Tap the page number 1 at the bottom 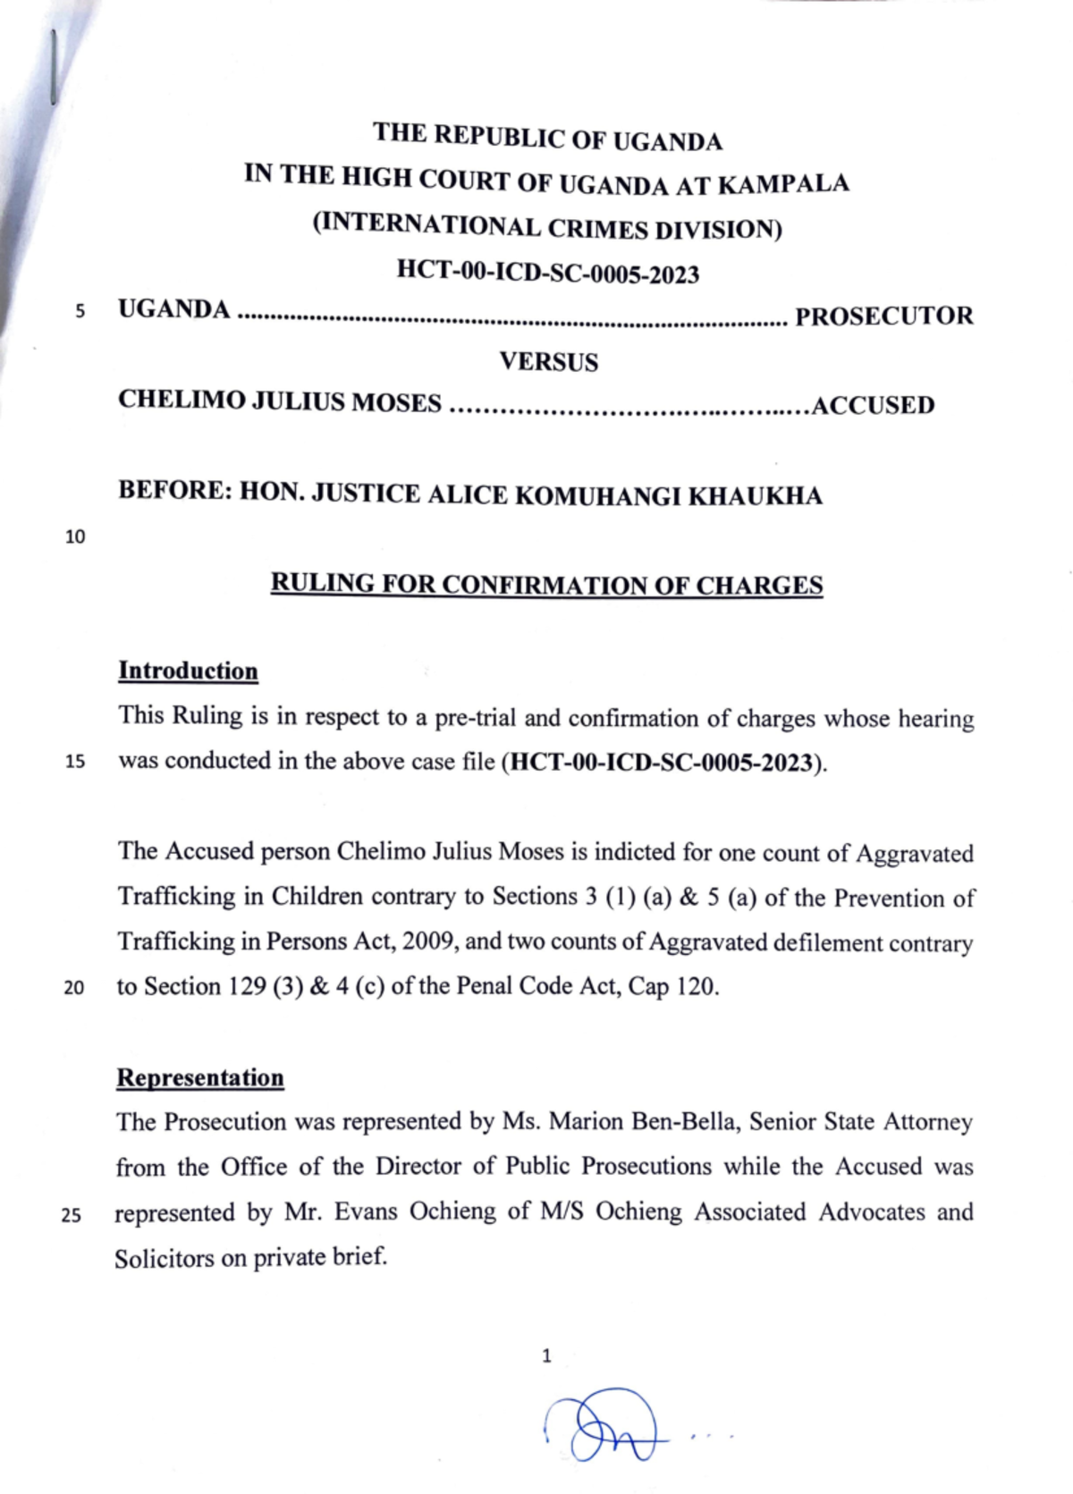546,1356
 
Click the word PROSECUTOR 883,317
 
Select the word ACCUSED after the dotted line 873,406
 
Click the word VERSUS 548,362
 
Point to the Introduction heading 188,671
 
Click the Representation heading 200,1078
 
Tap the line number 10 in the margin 75,537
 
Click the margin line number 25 72,1216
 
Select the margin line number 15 75,763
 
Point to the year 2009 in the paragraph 429,941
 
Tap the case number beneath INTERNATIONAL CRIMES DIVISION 547,271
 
